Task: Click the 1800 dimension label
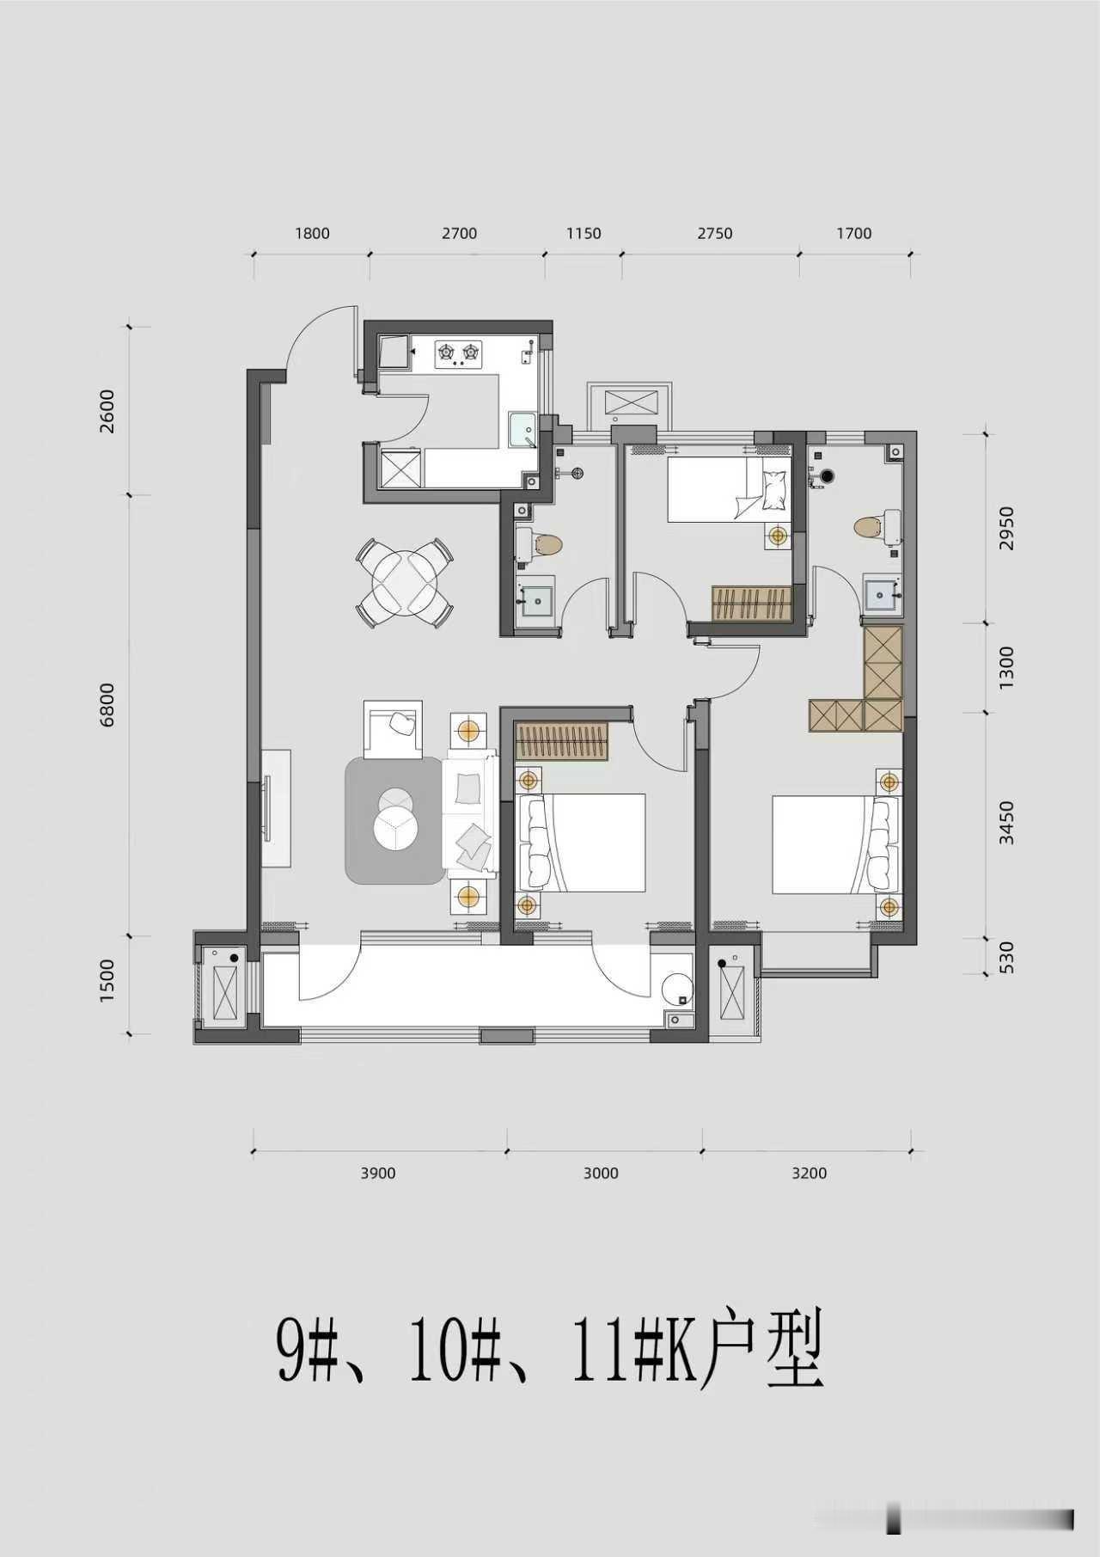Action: [312, 233]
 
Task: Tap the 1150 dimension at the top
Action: [584, 233]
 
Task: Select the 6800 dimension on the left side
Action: [107, 705]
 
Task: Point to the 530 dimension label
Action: [1007, 956]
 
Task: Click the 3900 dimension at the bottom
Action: [378, 1173]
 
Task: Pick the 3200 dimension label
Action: [809, 1173]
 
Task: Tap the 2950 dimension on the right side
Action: [1007, 529]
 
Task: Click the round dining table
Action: [405, 581]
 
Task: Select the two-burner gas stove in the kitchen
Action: [459, 353]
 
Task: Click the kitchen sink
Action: [522, 429]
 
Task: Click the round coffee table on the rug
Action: [396, 819]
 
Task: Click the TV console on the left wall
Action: [276, 808]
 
